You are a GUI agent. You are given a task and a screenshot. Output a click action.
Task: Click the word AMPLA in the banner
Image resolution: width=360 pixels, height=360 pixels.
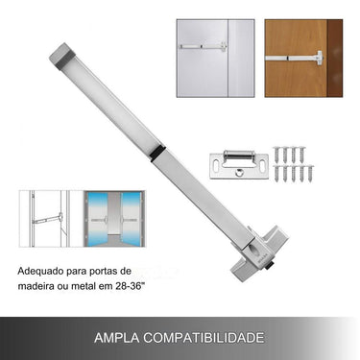pos(117,338)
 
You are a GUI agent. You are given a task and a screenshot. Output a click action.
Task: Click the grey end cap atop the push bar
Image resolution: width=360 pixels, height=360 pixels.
pos(63,55)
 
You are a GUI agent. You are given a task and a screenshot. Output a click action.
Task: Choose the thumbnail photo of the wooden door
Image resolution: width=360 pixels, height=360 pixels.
pos(302,58)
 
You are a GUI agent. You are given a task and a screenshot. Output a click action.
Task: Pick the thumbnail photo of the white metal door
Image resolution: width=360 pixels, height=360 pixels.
pos(214,58)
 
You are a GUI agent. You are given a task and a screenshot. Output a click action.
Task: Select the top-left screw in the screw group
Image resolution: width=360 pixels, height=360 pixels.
pos(276,152)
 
